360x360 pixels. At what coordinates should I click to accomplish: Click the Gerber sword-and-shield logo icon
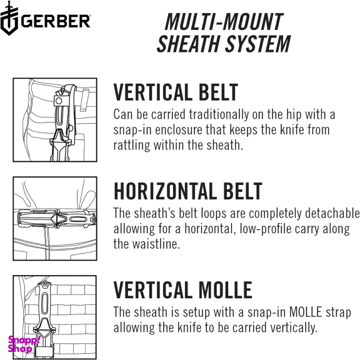click(x=9, y=18)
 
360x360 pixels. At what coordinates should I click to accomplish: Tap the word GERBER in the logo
click(x=56, y=21)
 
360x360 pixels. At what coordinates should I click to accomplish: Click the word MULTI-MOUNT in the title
click(x=224, y=22)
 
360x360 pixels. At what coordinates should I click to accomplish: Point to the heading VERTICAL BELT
click(x=176, y=92)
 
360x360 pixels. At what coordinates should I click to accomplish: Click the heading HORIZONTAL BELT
click(x=188, y=191)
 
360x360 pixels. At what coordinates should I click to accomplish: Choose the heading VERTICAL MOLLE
click(x=183, y=290)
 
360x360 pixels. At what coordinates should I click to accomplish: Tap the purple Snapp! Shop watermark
click(x=24, y=344)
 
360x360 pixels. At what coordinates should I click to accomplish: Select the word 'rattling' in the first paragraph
click(x=132, y=145)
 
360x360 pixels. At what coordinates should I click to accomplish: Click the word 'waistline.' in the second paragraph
click(x=146, y=244)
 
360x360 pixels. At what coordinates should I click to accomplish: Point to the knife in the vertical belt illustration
click(x=62, y=123)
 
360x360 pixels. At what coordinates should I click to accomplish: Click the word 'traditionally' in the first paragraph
click(x=219, y=114)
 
